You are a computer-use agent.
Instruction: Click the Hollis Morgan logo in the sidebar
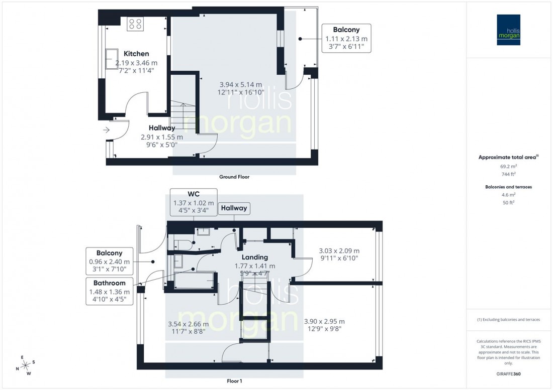click(x=510, y=30)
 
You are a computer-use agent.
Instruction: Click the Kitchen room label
click(x=136, y=54)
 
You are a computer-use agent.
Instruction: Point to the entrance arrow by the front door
click(x=106, y=130)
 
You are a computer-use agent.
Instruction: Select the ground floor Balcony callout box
click(x=346, y=38)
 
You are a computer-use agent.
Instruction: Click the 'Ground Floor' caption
click(x=234, y=177)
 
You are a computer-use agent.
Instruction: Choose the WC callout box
click(x=193, y=202)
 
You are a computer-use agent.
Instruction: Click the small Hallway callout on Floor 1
click(x=233, y=208)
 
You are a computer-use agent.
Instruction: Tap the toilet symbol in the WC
click(x=182, y=245)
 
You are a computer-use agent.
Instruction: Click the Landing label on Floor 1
click(x=254, y=257)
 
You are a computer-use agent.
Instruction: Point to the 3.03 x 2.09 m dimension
click(x=339, y=254)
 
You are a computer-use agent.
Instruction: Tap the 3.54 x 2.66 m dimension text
click(x=189, y=328)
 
